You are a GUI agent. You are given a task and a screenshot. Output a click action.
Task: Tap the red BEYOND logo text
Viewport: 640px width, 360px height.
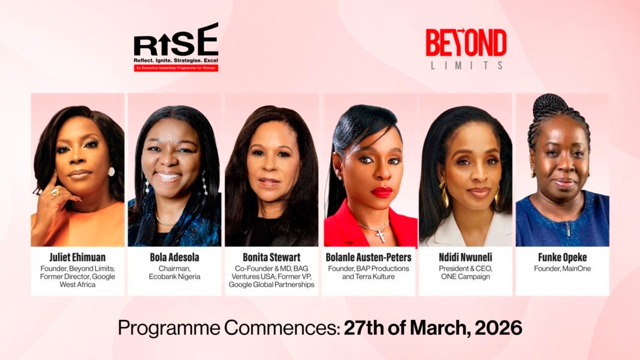[x=466, y=43]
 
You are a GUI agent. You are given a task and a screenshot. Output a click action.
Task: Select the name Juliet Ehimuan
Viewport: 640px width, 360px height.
[x=77, y=258]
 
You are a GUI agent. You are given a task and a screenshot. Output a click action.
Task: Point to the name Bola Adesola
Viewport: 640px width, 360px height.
[x=174, y=258]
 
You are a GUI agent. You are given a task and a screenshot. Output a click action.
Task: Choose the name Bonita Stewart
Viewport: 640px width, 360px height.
[x=271, y=258]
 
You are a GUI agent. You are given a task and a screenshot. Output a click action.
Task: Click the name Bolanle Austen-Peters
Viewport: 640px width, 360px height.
[x=369, y=258]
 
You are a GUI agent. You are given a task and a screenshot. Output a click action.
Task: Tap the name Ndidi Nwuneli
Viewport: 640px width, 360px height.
[x=465, y=258]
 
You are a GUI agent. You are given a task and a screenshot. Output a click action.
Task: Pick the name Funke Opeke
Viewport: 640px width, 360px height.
[x=562, y=258]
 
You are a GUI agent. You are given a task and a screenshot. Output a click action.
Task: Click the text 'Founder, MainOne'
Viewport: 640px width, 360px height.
[x=562, y=268]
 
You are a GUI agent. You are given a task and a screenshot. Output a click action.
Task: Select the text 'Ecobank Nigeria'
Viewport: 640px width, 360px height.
[x=174, y=277]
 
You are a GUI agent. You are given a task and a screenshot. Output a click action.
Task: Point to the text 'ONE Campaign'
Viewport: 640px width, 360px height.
[x=465, y=277]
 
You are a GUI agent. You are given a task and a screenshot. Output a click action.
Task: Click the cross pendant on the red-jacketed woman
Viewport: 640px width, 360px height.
[x=381, y=235]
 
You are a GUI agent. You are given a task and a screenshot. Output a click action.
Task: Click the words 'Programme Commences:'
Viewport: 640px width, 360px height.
[x=229, y=328]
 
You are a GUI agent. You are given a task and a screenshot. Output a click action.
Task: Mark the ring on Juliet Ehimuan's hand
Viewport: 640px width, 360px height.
[x=55, y=193]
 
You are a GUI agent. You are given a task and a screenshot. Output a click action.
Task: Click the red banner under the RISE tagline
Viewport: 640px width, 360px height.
[x=176, y=68]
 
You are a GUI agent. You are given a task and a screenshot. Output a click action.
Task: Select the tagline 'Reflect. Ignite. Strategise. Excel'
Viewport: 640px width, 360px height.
[x=176, y=60]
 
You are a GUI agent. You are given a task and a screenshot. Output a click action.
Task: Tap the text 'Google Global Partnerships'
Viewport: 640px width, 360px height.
[x=271, y=285]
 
